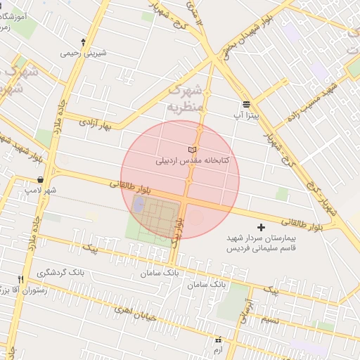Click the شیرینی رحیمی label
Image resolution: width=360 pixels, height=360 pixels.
[82, 52]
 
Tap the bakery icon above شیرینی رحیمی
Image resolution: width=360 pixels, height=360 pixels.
[84, 41]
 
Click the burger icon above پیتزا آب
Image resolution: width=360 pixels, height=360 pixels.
[245, 103]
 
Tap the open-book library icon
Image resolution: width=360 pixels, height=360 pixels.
[193, 150]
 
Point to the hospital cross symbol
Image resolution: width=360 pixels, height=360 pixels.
[262, 227]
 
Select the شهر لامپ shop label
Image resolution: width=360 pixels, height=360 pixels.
[42, 190]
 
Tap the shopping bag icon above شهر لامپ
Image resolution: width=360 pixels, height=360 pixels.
[42, 179]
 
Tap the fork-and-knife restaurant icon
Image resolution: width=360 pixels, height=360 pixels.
[21, 279]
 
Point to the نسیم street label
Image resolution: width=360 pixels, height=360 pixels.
[270, 320]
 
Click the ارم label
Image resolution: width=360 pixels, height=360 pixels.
[218, 349]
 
